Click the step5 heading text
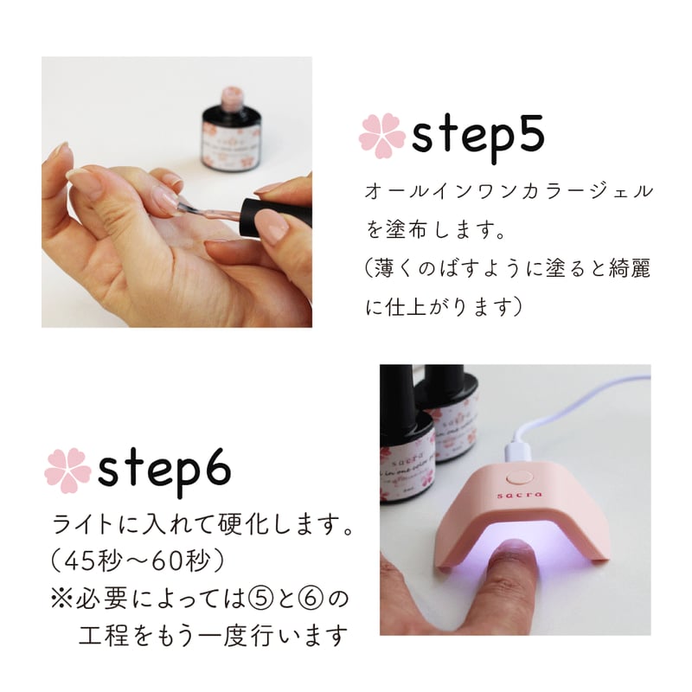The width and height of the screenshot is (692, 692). point(477,138)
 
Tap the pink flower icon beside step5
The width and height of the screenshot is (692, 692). point(381,136)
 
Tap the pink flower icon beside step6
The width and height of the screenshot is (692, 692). point(67,471)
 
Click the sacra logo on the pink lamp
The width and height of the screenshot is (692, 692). point(519,495)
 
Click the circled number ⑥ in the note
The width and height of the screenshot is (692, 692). point(311,599)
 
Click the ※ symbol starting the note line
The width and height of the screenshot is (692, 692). point(61,599)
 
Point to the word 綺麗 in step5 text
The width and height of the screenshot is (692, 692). point(630,268)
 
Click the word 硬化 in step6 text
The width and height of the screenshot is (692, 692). point(250,525)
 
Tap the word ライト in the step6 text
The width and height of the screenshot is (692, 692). point(82,525)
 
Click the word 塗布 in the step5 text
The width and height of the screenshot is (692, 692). point(406,229)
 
